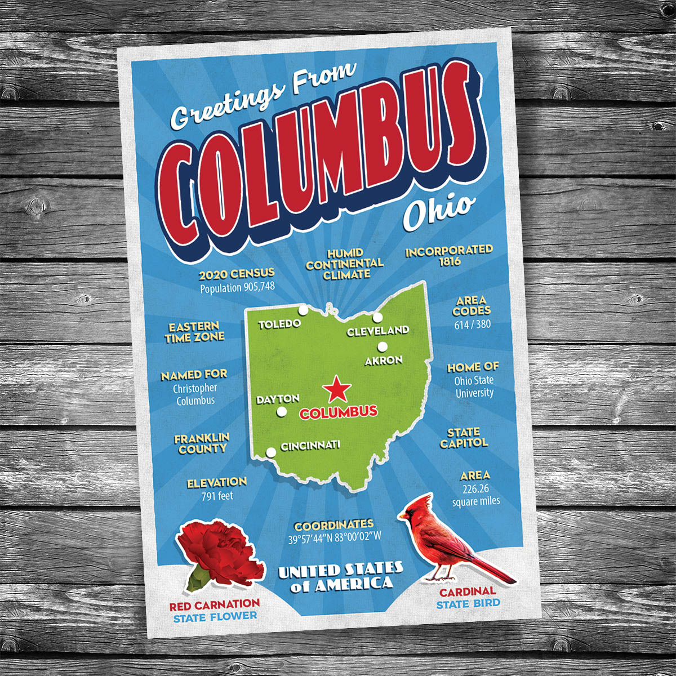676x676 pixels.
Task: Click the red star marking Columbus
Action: (x=337, y=389)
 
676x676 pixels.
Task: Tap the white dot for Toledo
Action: (x=303, y=310)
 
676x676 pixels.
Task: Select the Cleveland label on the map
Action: (x=378, y=331)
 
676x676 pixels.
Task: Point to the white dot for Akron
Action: (x=383, y=347)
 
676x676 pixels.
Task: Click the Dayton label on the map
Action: (x=278, y=399)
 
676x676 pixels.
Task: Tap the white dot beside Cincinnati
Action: (x=271, y=452)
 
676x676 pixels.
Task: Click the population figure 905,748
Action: (x=237, y=287)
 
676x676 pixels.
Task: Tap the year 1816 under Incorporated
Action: (x=450, y=261)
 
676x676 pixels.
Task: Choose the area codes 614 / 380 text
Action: (x=472, y=324)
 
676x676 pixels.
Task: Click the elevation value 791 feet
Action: (x=217, y=496)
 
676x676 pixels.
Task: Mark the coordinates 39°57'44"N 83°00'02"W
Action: (x=335, y=537)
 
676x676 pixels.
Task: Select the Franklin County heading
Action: (x=202, y=443)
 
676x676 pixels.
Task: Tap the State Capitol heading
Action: (x=464, y=438)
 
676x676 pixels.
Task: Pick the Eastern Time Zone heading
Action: (x=194, y=332)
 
